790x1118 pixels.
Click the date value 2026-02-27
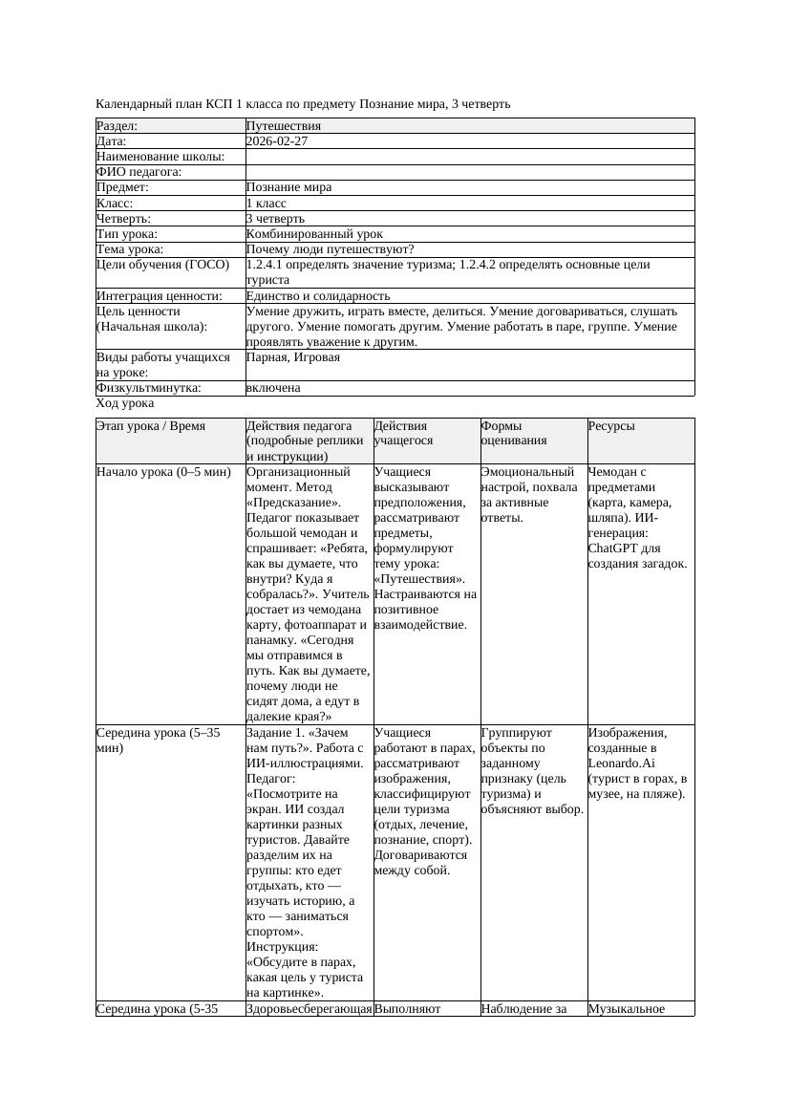pos(277,141)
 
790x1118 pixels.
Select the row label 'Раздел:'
pos(117,126)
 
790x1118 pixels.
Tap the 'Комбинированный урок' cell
pos(314,234)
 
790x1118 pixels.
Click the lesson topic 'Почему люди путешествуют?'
pos(330,249)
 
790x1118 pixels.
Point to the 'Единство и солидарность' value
pos(318,296)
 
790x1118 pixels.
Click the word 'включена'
pos(273,388)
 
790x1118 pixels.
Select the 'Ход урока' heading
pos(125,403)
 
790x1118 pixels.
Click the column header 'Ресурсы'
pos(611,426)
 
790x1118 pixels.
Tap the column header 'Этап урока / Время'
pos(151,426)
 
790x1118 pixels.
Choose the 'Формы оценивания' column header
pos(515,434)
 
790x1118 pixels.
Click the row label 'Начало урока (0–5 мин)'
pos(164,472)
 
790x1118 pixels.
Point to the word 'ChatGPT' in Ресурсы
pos(614,548)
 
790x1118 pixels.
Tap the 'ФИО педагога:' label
pos(139,172)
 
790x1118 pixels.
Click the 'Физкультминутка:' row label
pos(149,388)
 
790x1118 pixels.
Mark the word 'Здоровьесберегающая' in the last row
pos(309,1008)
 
